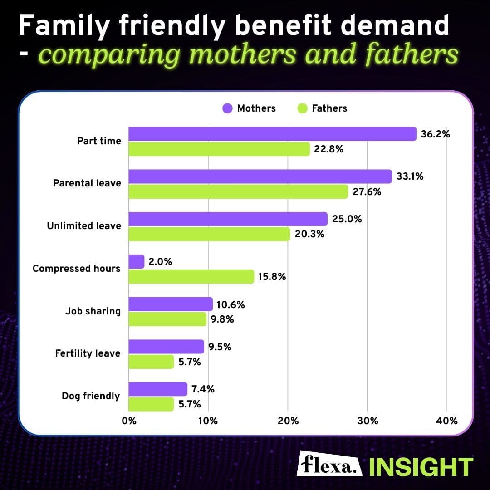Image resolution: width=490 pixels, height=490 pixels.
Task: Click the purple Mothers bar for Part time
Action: point(272,134)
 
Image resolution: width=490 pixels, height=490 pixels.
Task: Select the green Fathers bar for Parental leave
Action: point(238,191)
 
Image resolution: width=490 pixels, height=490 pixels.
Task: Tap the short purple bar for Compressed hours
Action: point(137,262)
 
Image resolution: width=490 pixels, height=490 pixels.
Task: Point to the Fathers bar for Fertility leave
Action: point(151,362)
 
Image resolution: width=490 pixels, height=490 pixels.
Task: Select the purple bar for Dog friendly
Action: point(158,389)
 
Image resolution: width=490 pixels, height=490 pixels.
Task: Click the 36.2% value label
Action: point(435,134)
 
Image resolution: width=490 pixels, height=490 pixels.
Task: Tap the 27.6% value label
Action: point(367,191)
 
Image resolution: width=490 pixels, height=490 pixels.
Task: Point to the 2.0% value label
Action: point(160,262)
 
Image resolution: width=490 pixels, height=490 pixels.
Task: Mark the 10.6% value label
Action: point(230,304)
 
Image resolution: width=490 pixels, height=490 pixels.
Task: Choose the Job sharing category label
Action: point(93,311)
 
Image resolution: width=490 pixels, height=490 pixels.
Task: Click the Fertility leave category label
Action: point(88,353)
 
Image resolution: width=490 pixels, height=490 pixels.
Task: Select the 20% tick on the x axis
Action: point(288,421)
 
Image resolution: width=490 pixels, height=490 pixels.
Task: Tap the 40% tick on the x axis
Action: point(446,421)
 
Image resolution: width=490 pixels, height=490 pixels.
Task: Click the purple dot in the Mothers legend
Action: point(227,108)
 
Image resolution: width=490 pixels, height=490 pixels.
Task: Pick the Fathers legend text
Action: point(329,108)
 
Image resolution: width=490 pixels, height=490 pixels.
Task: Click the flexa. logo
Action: point(330,464)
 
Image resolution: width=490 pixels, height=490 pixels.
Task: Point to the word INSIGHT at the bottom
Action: point(420,466)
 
